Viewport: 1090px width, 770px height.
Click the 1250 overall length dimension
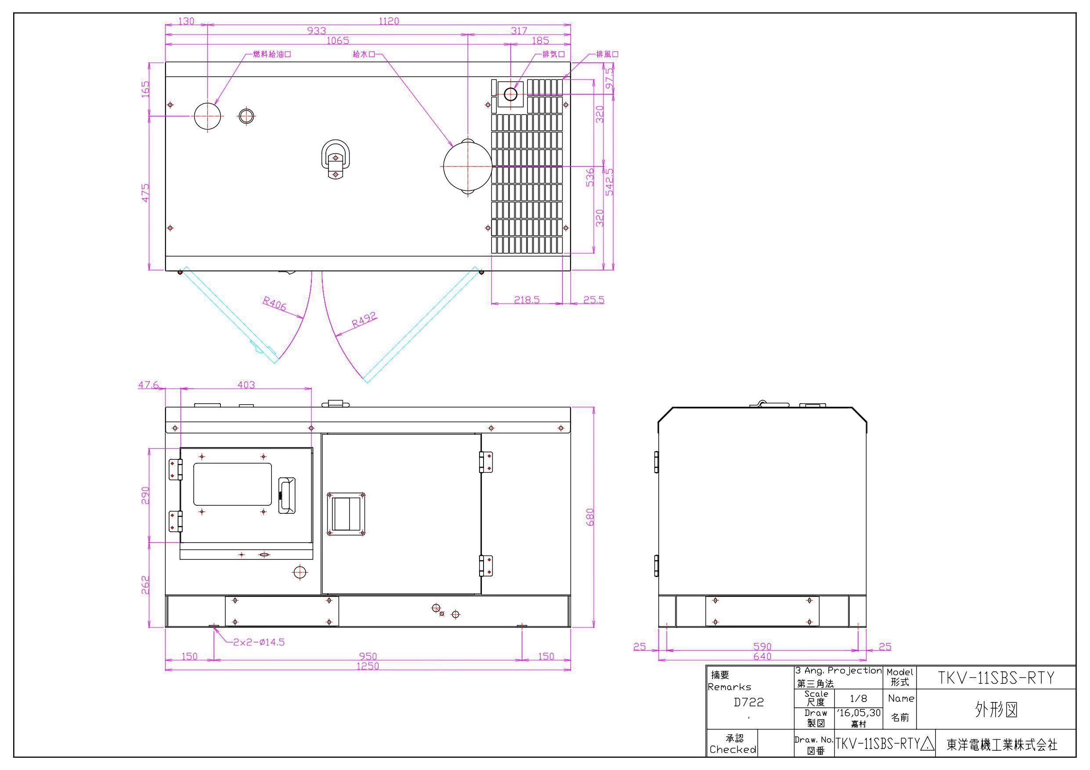pyautogui.click(x=368, y=666)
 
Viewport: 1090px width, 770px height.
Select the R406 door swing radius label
pyautogui.click(x=275, y=303)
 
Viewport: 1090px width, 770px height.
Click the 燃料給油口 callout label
pyautogui.click(x=272, y=54)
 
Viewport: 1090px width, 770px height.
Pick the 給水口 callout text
pyautogui.click(x=364, y=54)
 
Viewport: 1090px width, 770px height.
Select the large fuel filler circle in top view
pyautogui.click(x=208, y=115)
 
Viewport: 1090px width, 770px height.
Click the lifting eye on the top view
pyautogui.click(x=336, y=159)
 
